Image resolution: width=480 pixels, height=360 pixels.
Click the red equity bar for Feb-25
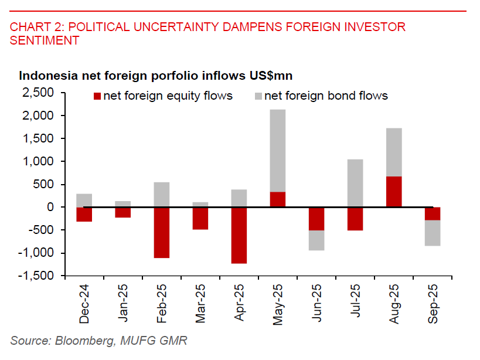(x=162, y=233)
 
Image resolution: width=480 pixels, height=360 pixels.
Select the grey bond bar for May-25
(x=278, y=151)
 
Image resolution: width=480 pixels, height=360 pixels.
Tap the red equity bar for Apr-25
(x=239, y=235)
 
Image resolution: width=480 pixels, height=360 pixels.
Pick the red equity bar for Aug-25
(x=394, y=192)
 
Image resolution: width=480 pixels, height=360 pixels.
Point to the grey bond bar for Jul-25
(x=355, y=183)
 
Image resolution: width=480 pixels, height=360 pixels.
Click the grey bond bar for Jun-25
(x=316, y=240)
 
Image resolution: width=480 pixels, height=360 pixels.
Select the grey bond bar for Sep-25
(x=433, y=233)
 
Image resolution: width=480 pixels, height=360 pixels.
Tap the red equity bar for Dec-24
(x=84, y=215)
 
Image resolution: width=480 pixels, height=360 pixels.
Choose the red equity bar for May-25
(x=278, y=199)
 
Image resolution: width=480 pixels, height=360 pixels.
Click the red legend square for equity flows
(x=97, y=96)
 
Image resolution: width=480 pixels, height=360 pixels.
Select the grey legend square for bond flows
(x=258, y=96)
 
